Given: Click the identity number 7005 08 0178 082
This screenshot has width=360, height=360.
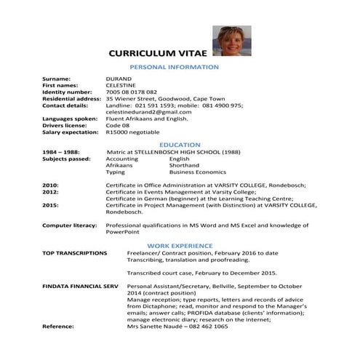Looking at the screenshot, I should [131, 92].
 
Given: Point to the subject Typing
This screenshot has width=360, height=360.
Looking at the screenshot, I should [115, 172].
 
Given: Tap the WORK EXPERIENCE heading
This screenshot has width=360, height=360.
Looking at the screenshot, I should [180, 246].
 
